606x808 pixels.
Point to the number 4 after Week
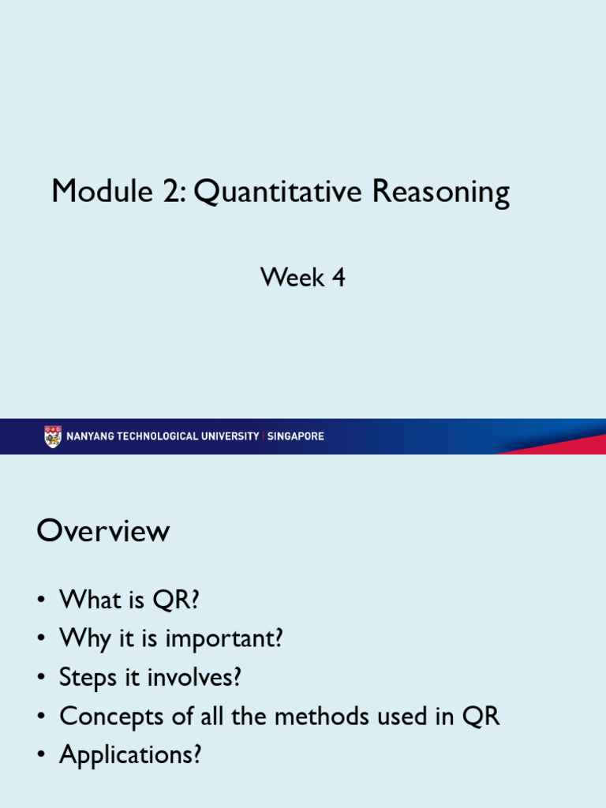[x=338, y=278]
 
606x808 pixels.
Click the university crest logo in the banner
[x=53, y=436]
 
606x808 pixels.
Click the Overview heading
[x=103, y=531]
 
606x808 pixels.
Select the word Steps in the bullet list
[x=88, y=679]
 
